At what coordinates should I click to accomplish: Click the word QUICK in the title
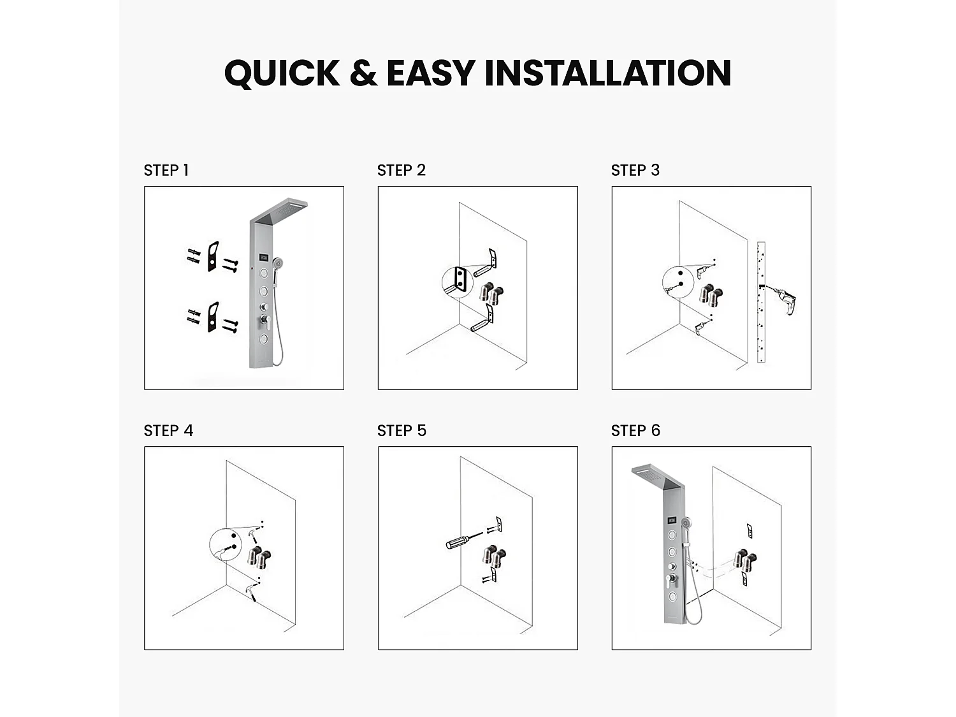coord(282,73)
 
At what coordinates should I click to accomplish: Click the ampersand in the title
coord(363,73)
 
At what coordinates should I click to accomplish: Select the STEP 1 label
coord(166,170)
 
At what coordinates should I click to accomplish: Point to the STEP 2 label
coord(401,170)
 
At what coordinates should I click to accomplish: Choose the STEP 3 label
coord(635,170)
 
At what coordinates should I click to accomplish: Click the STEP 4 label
coord(168,431)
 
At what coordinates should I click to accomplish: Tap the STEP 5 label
coord(402,431)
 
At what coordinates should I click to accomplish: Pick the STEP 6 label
coord(635,431)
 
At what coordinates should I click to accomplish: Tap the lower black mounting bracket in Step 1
coord(213,317)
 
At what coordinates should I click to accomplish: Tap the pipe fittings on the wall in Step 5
coord(494,556)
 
